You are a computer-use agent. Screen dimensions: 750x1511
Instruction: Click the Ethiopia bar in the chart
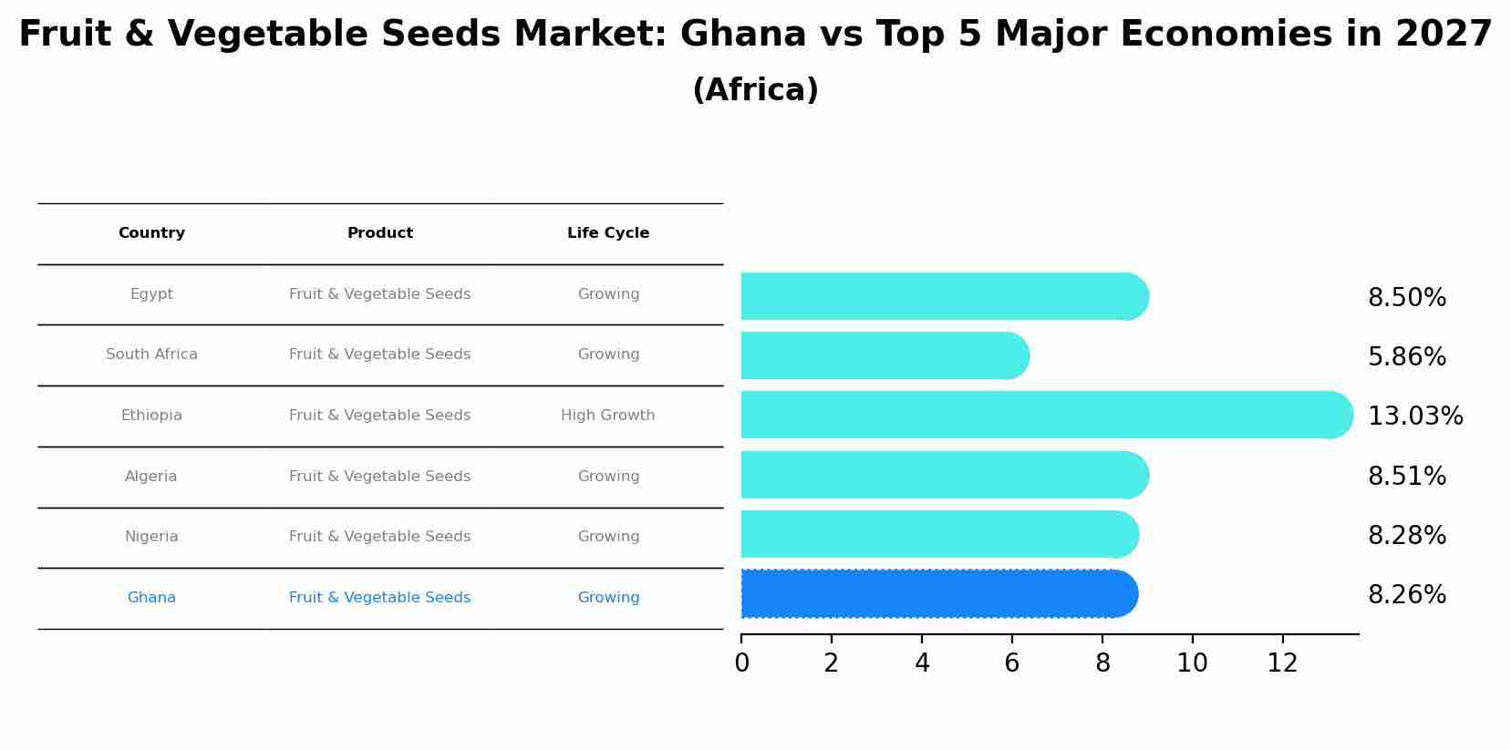click(x=1040, y=415)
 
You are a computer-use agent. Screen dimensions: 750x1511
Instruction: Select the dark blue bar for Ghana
click(x=935, y=594)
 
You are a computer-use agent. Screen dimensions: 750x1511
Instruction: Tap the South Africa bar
click(x=880, y=355)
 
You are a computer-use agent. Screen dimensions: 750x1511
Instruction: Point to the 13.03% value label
click(x=1414, y=416)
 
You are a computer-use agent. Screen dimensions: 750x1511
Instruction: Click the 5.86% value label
click(x=1406, y=357)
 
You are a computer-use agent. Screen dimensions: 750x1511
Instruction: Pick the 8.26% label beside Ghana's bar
click(x=1406, y=595)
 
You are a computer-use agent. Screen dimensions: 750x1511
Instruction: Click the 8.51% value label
click(x=1406, y=477)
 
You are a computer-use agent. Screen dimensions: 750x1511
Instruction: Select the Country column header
click(x=151, y=233)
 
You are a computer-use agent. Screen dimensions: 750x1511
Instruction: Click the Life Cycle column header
click(x=607, y=233)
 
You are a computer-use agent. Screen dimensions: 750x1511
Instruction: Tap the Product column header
click(x=379, y=233)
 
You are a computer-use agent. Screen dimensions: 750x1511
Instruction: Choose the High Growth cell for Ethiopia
click(x=607, y=416)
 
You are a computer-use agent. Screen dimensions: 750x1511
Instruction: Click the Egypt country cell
click(x=151, y=294)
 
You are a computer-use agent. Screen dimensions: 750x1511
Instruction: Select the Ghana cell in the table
click(x=151, y=598)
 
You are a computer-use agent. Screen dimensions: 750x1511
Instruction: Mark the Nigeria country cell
click(x=151, y=537)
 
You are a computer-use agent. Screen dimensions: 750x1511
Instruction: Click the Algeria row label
click(x=151, y=477)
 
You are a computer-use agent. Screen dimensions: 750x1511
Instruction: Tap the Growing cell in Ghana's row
click(x=607, y=598)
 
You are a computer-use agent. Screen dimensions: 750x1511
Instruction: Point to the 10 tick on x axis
click(x=1192, y=663)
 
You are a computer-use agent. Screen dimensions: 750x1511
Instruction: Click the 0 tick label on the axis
click(x=741, y=663)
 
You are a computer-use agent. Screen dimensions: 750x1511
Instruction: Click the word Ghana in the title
click(x=742, y=35)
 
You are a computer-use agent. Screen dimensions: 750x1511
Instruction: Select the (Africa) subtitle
click(x=755, y=90)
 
